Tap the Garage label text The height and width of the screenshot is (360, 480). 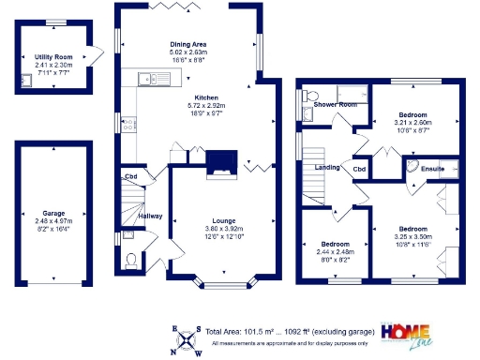click(x=53, y=213)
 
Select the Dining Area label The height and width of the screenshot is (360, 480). click(x=187, y=44)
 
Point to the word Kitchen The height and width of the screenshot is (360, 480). click(x=206, y=97)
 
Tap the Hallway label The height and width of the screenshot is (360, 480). click(x=151, y=216)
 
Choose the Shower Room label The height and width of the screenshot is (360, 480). click(x=335, y=104)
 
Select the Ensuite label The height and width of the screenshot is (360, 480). click(x=432, y=169)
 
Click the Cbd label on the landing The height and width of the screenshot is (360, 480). click(x=359, y=169)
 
